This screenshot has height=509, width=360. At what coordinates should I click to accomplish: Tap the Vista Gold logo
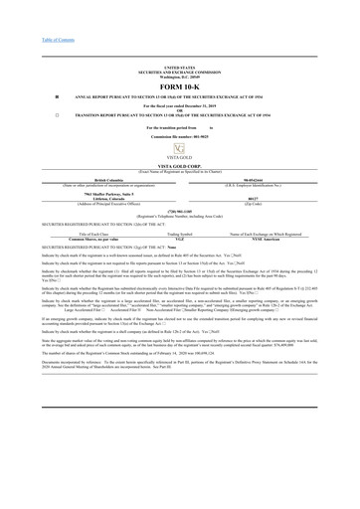[x=179, y=146]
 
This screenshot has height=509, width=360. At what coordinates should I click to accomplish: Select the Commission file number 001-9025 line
[x=179, y=135]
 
